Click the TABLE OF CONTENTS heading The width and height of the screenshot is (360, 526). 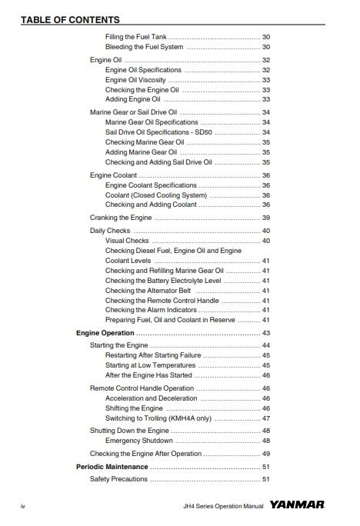coord(70,19)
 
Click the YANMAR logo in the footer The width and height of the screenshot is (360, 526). coord(297,506)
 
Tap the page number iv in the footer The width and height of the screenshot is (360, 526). coord(23,507)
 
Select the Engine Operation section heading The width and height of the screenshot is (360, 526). coord(105,333)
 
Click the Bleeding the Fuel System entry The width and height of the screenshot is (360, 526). coord(144,47)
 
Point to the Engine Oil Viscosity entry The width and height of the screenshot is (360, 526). coord(135,80)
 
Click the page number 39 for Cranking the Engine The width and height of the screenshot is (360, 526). coord(265,218)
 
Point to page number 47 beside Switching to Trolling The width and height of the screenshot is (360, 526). coord(265,418)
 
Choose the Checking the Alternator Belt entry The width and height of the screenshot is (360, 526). coord(148,290)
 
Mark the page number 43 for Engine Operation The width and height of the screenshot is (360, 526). coord(265,333)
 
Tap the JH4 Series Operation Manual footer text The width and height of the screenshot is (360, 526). coord(224,507)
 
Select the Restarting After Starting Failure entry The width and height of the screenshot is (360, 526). coord(153,355)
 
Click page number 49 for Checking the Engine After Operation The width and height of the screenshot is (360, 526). coord(265,454)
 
